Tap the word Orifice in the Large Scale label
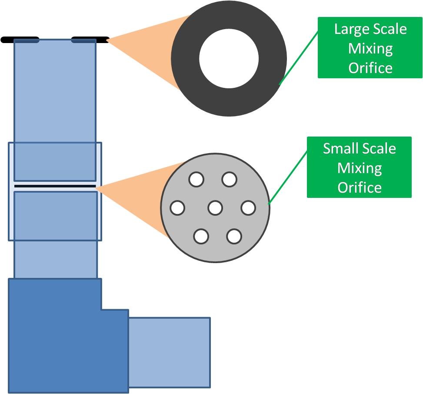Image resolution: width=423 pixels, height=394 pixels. pos(370,68)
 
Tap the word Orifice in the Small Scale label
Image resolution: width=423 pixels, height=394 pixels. pos(360,187)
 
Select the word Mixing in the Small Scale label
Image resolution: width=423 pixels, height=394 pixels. pos(360,168)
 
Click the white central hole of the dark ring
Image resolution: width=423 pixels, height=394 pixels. pos(229,58)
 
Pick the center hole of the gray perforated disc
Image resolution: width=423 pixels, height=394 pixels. pos(215,208)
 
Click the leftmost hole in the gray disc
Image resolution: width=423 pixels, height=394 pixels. pos(177,208)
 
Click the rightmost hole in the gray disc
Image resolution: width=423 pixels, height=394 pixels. pos(248,208)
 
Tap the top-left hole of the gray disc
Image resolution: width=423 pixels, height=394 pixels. pos(197,180)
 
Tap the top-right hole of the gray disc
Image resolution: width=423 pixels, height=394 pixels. pos(229,180)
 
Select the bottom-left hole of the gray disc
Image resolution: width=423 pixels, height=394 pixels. pos(201,237)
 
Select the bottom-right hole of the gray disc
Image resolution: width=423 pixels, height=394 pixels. pos(234,237)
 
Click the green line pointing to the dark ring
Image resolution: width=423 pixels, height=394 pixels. pos(298,57)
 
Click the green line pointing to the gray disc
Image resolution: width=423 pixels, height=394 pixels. pos(288,177)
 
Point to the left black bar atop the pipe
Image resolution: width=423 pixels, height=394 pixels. pos(20,40)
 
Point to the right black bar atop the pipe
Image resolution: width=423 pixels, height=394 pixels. pos(90,40)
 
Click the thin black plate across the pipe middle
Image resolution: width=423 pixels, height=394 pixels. pos(55,186)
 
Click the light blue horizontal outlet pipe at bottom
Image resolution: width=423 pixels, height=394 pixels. pos(170,353)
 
